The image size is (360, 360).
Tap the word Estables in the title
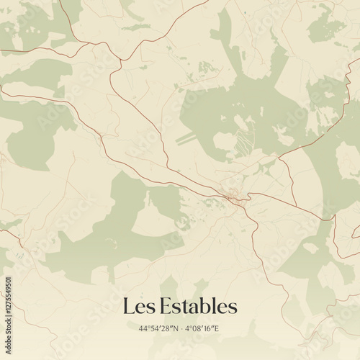[195, 307]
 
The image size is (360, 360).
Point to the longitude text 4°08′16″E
[202, 328]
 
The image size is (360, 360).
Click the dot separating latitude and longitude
[181, 328]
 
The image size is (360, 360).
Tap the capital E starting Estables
[160, 307]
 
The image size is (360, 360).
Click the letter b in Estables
[204, 306]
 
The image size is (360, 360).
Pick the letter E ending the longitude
[217, 328]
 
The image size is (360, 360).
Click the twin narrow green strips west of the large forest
[186, 138]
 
